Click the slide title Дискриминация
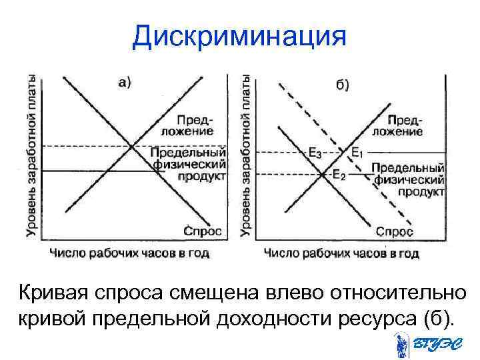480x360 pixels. tap(239, 37)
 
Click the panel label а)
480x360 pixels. tap(125, 83)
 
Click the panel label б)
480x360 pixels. tap(341, 85)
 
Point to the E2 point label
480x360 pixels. tap(338, 175)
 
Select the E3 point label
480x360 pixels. tap(315, 153)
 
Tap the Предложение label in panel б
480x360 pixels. tap(397, 126)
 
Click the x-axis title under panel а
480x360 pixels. tap(129, 253)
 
